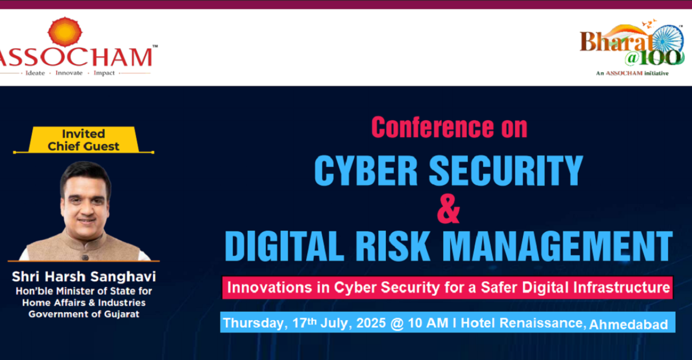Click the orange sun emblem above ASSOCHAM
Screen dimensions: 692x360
[x=65, y=32]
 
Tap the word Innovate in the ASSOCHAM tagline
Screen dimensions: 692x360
[x=69, y=73]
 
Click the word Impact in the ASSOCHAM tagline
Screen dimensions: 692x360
[x=104, y=73]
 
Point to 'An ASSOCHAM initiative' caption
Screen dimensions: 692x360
[x=632, y=73]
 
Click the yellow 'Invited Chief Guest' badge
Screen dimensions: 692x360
[x=83, y=140]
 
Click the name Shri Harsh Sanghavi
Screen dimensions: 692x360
[x=84, y=277]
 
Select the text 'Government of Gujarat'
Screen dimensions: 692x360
[x=84, y=314]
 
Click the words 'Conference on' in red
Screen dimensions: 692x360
[x=449, y=127]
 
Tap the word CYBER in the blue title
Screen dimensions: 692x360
[x=366, y=170]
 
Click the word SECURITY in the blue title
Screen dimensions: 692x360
[x=506, y=170]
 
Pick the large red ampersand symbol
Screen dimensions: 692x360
[x=449, y=208]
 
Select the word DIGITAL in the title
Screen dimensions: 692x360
[x=284, y=246]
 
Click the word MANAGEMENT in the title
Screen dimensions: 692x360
[x=558, y=246]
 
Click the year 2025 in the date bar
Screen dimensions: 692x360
[x=371, y=323]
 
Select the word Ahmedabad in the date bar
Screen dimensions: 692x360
[x=628, y=324]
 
